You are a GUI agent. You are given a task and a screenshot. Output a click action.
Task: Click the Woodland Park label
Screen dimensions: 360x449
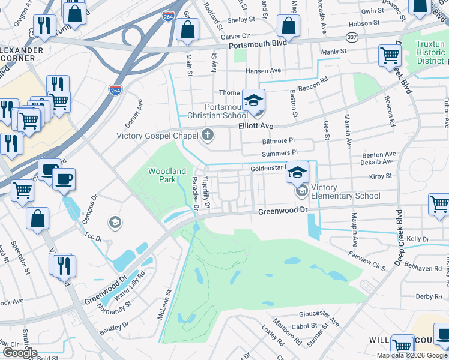coord(168,175)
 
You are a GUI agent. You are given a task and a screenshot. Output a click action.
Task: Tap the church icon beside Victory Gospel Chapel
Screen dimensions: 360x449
coord(208,134)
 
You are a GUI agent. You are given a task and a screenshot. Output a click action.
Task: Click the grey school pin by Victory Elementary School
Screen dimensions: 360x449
coord(301,191)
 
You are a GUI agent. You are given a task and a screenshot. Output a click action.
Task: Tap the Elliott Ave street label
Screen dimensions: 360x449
coord(255,126)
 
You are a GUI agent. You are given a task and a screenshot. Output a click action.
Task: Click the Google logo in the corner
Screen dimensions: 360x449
coord(19,353)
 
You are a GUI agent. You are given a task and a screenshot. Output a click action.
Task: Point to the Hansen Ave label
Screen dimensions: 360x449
coord(263,70)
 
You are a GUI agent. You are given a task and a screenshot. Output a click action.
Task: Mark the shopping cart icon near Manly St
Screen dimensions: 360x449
coord(390,56)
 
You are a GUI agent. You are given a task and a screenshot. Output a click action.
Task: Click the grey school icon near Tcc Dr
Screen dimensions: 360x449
coord(114,223)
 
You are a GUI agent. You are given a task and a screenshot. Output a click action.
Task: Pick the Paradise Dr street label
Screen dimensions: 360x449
coord(195,193)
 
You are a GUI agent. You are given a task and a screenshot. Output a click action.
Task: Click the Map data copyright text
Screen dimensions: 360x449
coord(412,355)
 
